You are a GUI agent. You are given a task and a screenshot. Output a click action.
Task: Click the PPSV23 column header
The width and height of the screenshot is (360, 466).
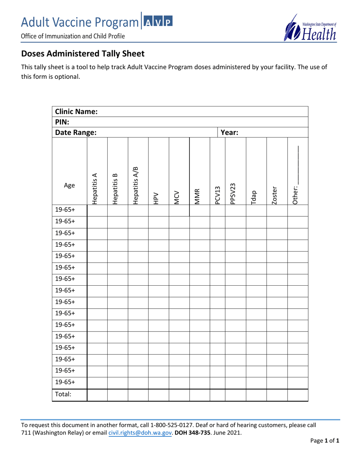coord(235,188)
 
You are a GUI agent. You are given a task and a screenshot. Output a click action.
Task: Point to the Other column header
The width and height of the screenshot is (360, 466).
coord(297,186)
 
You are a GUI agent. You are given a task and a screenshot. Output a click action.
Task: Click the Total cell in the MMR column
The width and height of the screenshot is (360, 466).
coord(199,393)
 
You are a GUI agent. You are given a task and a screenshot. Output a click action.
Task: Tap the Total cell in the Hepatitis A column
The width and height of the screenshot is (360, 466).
coord(97,393)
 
